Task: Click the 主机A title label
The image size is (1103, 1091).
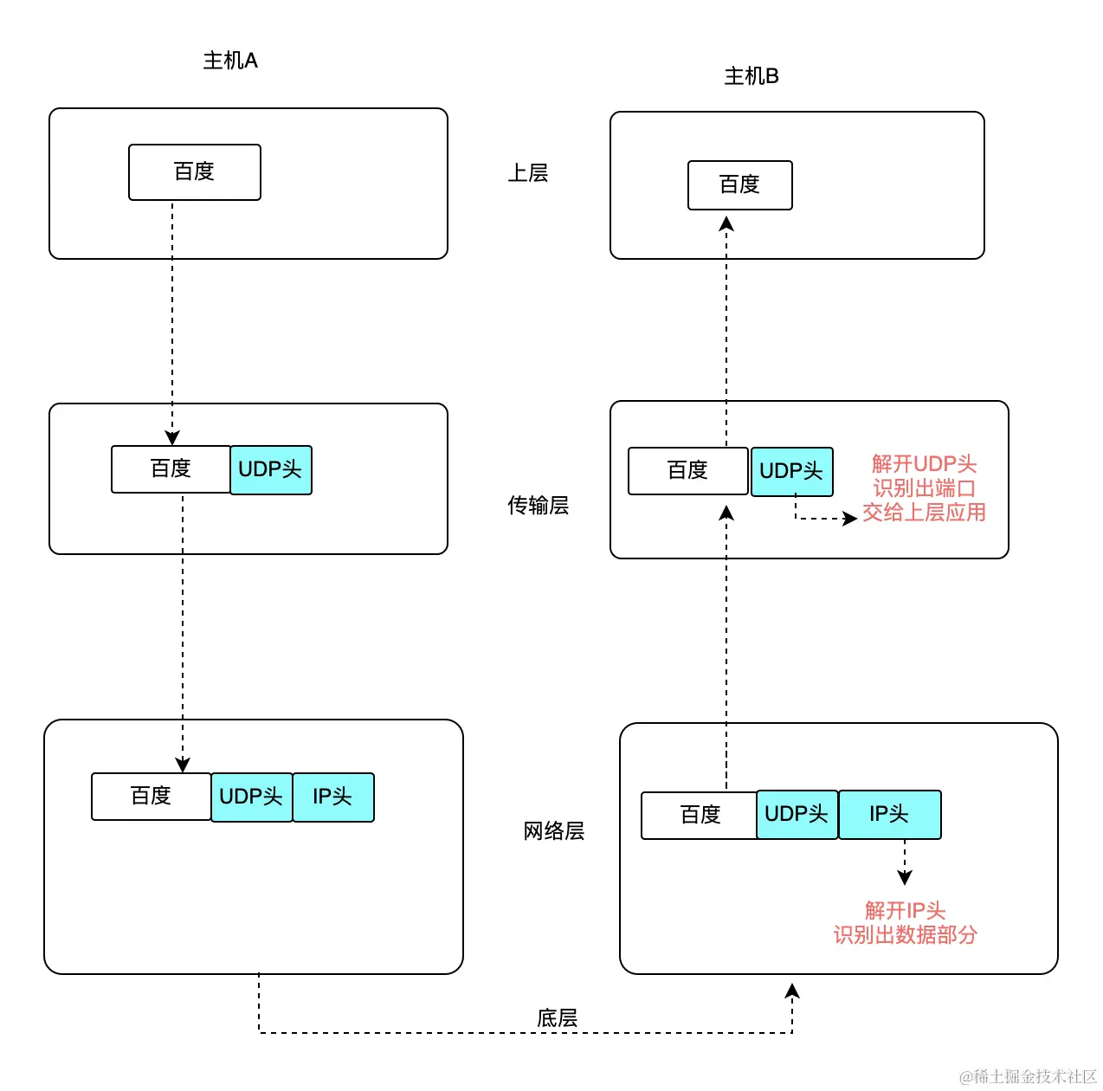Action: pyautogui.click(x=230, y=61)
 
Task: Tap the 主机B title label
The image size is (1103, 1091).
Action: pyautogui.click(x=751, y=76)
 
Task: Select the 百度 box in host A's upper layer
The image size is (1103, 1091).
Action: pyautogui.click(x=195, y=172)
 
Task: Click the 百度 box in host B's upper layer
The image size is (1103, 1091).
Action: pyautogui.click(x=739, y=185)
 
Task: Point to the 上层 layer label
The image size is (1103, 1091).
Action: pyautogui.click(x=528, y=173)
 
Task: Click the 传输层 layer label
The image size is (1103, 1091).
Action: pyautogui.click(x=538, y=506)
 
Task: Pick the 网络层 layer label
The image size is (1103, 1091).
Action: pyautogui.click(x=554, y=831)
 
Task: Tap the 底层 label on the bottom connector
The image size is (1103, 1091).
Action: pyautogui.click(x=557, y=1018)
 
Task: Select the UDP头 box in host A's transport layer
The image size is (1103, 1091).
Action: pyautogui.click(x=271, y=470)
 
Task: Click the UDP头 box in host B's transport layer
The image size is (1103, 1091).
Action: pyautogui.click(x=791, y=472)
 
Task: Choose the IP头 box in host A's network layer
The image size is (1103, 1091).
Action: pyautogui.click(x=333, y=797)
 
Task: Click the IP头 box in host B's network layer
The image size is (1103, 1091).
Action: pyautogui.click(x=889, y=815)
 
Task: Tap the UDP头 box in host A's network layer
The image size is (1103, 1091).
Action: pyautogui.click(x=252, y=797)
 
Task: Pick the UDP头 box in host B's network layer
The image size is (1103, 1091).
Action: pyautogui.click(x=797, y=815)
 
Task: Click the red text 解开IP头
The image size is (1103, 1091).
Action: pyautogui.click(x=905, y=911)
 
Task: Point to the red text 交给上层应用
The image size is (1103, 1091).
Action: pyautogui.click(x=924, y=513)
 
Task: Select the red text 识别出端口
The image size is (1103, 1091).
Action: pyautogui.click(x=924, y=488)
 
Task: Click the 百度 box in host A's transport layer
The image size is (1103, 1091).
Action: pyautogui.click(x=171, y=469)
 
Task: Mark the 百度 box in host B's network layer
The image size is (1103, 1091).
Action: pyautogui.click(x=700, y=816)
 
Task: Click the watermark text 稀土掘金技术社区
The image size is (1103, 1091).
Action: pyautogui.click(x=1034, y=1076)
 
